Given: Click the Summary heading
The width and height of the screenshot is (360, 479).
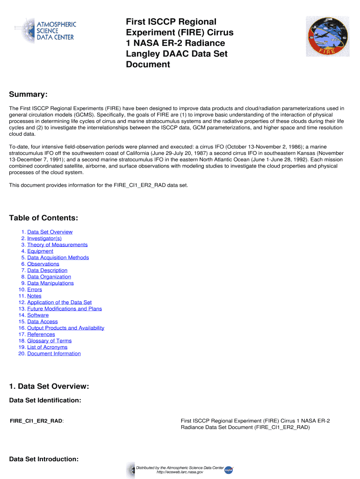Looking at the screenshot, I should click(29, 95).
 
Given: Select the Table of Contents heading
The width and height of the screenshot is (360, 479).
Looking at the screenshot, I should click(43, 218).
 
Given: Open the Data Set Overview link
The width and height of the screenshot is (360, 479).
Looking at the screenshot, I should click(50, 232).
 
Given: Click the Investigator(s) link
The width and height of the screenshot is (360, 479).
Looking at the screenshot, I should click(44, 239).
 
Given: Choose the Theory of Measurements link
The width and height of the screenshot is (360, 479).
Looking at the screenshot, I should click(58, 245).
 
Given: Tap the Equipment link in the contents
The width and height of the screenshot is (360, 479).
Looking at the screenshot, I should click(40, 251).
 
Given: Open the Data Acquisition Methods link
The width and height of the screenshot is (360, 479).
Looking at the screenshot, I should click(58, 258).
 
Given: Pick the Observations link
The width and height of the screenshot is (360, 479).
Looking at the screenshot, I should click(43, 264).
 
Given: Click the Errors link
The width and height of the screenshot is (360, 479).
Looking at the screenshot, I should click(35, 290).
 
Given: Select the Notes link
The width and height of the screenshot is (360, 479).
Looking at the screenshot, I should click(34, 296).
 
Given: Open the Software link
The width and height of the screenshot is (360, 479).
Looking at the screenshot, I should click(38, 315).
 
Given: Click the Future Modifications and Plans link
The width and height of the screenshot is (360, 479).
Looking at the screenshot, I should click(65, 309).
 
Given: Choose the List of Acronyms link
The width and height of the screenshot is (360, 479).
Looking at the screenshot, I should click(47, 347).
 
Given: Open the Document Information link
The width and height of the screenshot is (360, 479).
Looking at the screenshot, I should click(54, 354).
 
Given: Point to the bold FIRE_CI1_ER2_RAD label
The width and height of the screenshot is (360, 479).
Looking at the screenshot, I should click(36, 421).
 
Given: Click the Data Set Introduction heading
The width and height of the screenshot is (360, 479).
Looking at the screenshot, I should click(44, 459).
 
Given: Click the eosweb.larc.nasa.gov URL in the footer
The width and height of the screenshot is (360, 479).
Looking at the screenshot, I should click(180, 472).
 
